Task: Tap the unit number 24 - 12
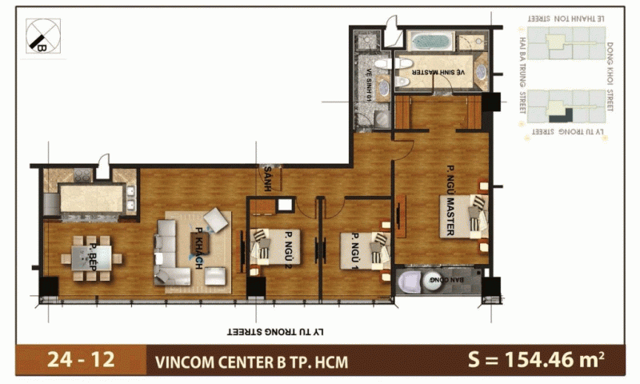(x=70, y=360)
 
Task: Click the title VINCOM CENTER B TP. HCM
(x=251, y=361)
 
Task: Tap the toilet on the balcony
(x=413, y=282)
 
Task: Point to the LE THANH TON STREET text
(x=563, y=17)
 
